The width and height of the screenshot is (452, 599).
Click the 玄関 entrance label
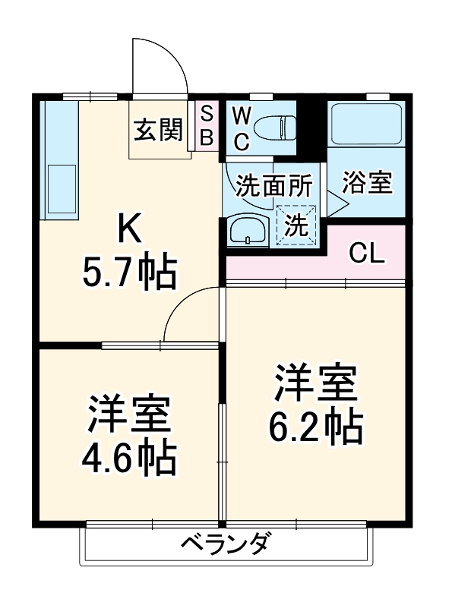158,130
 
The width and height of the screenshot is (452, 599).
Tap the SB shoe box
207,125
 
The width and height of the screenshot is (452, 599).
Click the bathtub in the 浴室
366,125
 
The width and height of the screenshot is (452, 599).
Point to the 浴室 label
367,183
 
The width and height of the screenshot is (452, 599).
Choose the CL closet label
367,254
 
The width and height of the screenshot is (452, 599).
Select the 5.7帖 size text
130,273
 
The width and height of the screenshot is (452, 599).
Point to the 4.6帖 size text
129,459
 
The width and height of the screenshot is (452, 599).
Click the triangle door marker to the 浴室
335,203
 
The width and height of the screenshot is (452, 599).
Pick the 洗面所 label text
273,185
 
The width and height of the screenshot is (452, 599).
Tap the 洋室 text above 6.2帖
315,383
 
